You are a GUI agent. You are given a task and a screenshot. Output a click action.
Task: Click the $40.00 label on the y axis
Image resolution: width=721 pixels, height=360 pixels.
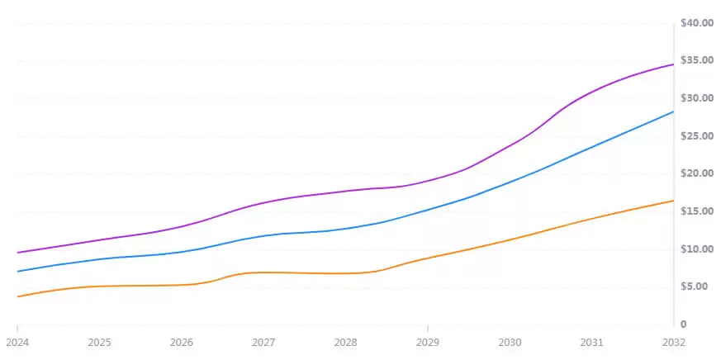(696, 23)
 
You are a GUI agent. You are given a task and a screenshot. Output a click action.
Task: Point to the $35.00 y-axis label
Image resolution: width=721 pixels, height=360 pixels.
(696, 60)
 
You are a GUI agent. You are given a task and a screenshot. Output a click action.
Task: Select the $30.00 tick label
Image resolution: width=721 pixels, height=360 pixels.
(696, 98)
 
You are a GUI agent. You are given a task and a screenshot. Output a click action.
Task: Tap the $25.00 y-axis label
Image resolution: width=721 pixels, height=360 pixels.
(696, 136)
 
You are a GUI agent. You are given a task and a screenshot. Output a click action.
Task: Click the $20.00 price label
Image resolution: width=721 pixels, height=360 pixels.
(696, 173)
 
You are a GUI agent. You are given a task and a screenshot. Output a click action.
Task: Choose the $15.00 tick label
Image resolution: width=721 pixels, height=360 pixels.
(696, 211)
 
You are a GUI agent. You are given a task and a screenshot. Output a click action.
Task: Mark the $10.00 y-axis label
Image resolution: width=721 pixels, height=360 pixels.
(696, 249)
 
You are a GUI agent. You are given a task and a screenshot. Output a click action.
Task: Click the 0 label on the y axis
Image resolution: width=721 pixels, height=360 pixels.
(683, 324)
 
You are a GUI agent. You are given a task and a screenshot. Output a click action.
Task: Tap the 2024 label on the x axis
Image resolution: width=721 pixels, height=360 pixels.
(17, 342)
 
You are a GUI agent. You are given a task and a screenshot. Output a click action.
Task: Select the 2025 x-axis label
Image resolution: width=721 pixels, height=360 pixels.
(99, 342)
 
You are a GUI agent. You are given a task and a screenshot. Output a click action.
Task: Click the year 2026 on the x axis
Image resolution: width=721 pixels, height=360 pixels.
(182, 342)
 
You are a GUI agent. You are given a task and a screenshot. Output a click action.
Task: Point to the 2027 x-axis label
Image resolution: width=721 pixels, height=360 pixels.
(263, 342)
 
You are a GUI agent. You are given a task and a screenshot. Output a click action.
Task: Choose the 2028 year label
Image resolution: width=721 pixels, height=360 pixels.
(345, 342)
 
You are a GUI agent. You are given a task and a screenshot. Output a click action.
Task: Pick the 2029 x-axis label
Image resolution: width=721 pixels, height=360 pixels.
(428, 342)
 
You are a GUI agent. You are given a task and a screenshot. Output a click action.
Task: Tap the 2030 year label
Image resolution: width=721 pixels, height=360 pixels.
(510, 342)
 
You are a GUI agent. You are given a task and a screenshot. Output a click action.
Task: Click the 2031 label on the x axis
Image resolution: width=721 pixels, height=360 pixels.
(591, 342)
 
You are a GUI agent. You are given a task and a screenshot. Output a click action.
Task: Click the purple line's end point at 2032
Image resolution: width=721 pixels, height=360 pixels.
(673, 64)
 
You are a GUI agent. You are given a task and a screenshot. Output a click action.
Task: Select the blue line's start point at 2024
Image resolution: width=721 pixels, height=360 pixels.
(17, 271)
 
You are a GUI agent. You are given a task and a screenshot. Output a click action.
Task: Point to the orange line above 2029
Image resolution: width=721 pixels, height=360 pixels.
(428, 258)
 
